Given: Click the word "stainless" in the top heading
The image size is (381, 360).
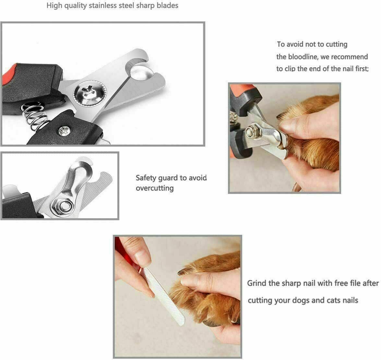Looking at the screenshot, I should (x=99, y=6).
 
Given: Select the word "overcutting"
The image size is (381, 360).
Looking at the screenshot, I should (x=155, y=188).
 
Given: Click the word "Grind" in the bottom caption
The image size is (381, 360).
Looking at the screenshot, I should (x=257, y=283).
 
